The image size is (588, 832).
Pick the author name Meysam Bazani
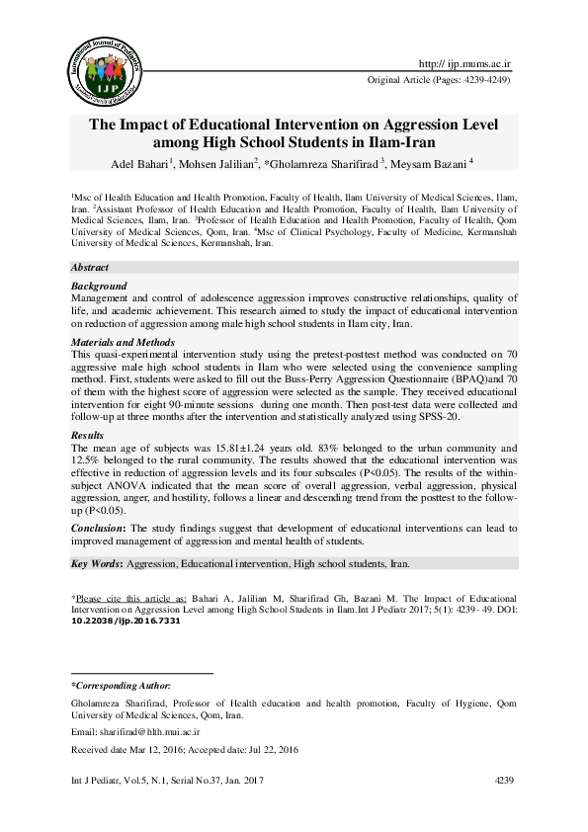click(432, 164)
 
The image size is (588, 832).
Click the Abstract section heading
click(90, 269)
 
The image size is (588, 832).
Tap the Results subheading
click(88, 435)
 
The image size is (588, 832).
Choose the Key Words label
click(96, 564)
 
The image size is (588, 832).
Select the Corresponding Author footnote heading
click(122, 685)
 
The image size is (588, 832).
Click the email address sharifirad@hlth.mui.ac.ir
click(150, 733)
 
